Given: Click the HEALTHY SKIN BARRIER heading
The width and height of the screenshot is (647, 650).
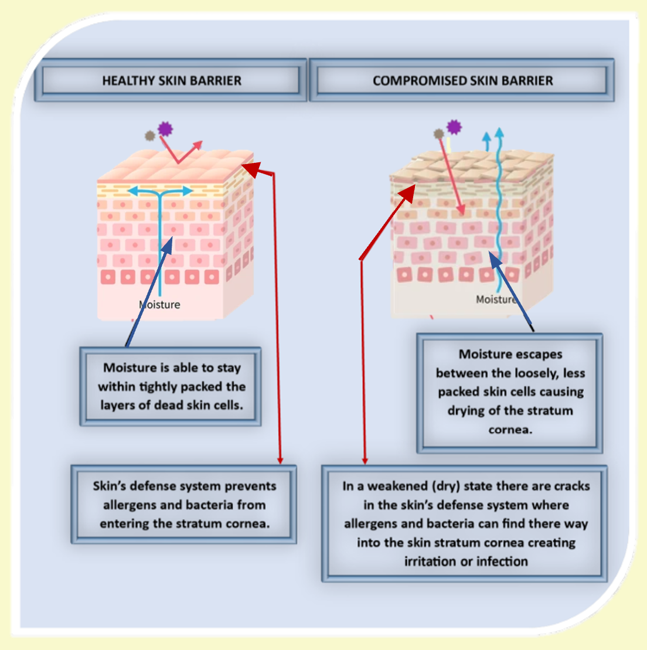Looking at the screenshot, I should [172, 81].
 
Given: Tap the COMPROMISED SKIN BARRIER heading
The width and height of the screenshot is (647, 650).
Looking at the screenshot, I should [462, 81].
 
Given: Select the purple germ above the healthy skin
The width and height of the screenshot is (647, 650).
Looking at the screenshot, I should [165, 128].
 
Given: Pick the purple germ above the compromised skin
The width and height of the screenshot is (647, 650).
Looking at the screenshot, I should [454, 127].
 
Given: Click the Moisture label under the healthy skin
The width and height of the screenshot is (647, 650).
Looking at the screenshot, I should [161, 305].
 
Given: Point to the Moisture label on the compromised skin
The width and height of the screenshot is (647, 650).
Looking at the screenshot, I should [496, 300].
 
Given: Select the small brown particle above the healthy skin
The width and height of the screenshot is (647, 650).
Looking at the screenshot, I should [150, 136].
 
